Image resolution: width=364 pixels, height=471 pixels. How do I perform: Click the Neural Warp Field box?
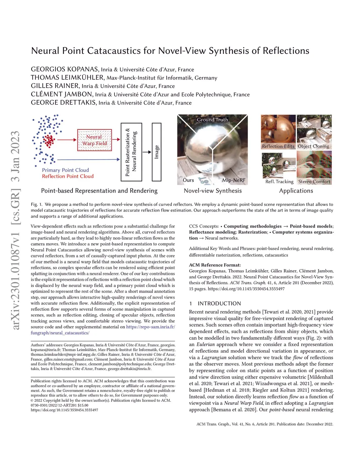point(94,140)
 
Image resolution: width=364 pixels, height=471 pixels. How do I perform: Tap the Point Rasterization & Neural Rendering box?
point(132,152)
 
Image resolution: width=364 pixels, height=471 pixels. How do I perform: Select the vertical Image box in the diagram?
point(156,152)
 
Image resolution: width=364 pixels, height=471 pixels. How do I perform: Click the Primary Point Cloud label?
point(65,170)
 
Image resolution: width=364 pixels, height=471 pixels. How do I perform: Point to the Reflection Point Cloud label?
point(68,176)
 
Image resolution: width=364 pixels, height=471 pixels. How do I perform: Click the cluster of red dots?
point(48,140)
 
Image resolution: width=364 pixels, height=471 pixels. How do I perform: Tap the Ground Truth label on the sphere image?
point(213,120)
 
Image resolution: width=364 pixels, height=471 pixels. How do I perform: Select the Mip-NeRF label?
point(234,180)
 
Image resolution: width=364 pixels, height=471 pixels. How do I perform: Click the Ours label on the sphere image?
point(188,180)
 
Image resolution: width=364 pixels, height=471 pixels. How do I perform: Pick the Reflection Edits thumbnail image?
point(278,132)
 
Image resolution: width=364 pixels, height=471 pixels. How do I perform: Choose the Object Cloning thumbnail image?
point(314,132)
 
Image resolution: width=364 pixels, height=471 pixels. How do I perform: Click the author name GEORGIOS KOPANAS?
point(64,69)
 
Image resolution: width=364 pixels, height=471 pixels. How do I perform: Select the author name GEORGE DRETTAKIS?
point(63,102)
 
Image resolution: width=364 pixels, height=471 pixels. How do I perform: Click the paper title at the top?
point(170,50)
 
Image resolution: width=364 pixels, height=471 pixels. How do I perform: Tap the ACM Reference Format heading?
point(215,265)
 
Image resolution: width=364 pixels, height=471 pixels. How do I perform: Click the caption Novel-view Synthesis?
point(213,191)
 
